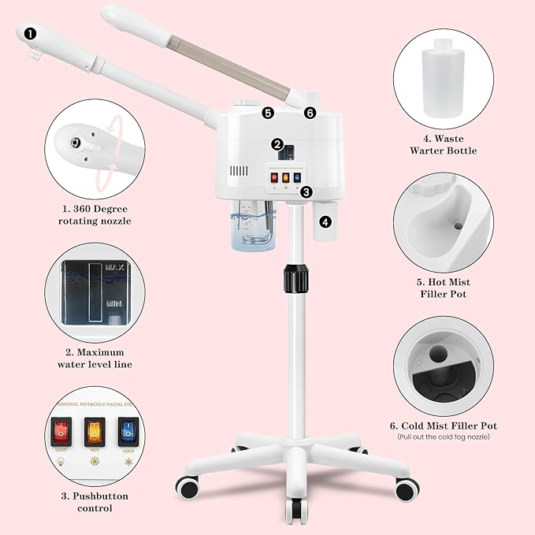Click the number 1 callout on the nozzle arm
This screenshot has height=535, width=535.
31,33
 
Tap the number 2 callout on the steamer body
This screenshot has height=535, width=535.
277,144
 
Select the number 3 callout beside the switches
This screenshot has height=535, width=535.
307,191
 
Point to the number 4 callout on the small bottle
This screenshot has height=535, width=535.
326,221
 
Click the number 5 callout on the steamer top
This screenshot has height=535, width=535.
268,113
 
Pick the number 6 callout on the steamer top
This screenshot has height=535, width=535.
310,113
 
